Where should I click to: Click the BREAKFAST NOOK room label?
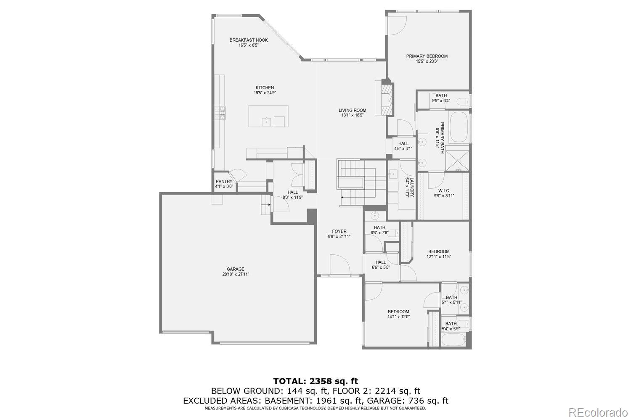pos(248,40)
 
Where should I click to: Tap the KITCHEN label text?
pos(265,88)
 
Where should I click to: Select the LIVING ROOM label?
pos(352,111)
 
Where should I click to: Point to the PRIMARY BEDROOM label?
pos(427,56)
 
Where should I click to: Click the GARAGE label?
pos(236,269)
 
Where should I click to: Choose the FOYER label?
pos(339,231)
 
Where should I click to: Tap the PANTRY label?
pos(224,182)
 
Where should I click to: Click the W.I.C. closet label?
pos(444,191)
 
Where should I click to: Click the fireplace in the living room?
pos(387,97)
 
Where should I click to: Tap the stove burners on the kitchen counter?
pos(220,113)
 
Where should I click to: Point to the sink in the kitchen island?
pos(266,122)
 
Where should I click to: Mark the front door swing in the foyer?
pos(339,264)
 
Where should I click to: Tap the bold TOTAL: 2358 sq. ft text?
pos(315,381)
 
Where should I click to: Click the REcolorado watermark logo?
pos(601,412)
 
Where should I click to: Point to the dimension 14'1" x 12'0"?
pos(398,317)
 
